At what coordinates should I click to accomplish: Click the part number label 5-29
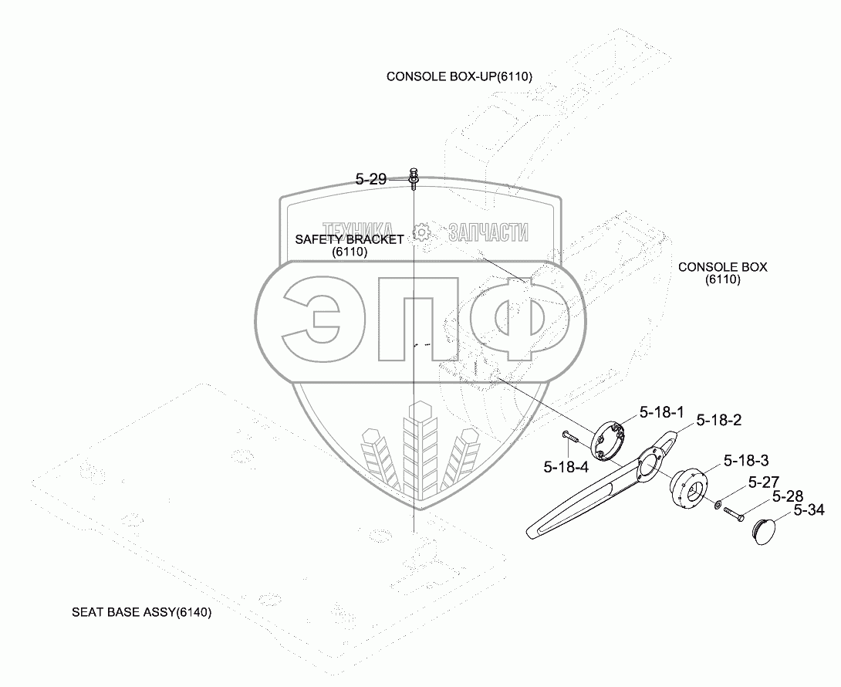click(370, 179)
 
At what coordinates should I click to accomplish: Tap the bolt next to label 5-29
click(414, 178)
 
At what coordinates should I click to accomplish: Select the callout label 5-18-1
click(660, 413)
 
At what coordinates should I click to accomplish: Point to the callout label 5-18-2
click(718, 421)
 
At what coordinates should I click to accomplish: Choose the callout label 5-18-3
click(745, 461)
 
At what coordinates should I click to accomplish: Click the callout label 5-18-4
click(566, 466)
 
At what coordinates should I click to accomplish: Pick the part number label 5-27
click(764, 483)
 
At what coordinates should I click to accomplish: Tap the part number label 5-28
click(788, 497)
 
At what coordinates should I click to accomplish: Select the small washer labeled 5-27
click(718, 505)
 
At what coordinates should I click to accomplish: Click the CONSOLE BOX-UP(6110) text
click(459, 76)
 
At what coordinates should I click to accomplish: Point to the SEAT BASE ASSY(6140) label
click(141, 613)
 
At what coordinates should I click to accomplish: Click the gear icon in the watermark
click(421, 231)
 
